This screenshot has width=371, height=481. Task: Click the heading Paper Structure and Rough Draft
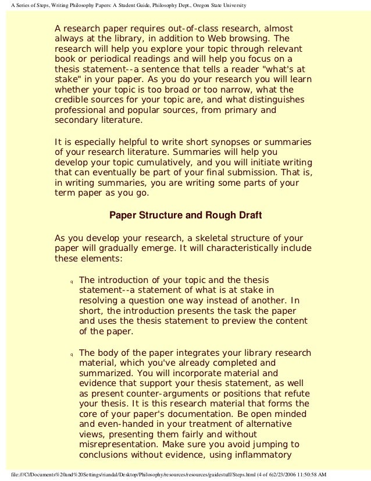[185, 216]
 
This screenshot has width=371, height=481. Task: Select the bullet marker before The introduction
[70, 282]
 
